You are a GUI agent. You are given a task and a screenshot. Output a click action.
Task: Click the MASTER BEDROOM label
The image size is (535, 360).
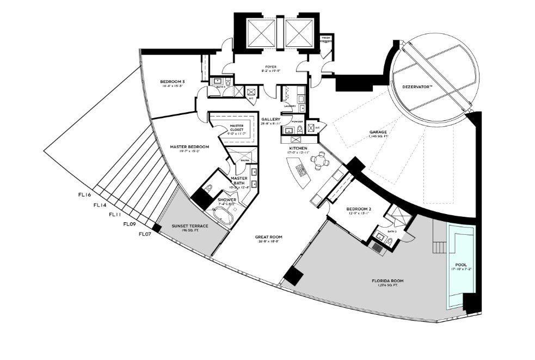coord(189,147)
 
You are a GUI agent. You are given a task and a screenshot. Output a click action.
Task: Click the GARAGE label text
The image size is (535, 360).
coord(363,131)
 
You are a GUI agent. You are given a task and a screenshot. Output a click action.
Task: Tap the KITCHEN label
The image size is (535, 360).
coord(298,148)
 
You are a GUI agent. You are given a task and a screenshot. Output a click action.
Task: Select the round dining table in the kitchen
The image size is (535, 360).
coord(319,161)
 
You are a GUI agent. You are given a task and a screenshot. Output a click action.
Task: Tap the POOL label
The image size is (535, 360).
coord(460,265)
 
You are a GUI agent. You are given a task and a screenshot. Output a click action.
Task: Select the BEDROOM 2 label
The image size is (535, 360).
coord(358,209)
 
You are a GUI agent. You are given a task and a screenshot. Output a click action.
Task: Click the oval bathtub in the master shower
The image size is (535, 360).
coord(223,219)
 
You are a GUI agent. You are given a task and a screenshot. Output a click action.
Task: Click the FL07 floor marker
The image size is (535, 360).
coord(144,234)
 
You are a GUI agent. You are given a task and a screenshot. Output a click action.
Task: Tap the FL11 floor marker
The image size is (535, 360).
coord(115,215)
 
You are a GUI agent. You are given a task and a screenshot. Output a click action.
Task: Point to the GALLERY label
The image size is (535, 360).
coord(270,119)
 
